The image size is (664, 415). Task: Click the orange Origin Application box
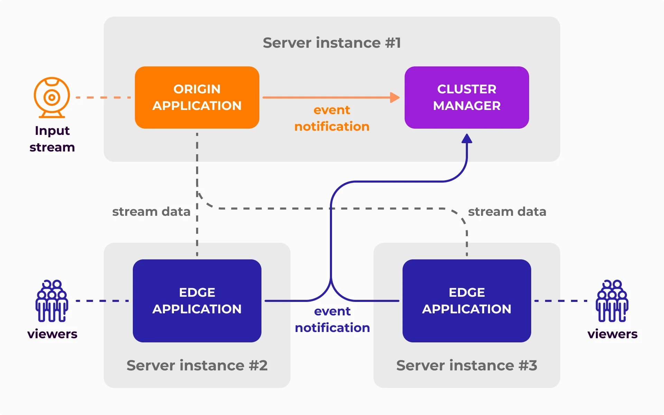[x=197, y=98]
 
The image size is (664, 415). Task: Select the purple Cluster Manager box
[x=467, y=98]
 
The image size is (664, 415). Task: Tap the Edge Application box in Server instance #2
[x=197, y=301]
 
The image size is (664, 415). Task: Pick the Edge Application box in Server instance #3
[x=467, y=301]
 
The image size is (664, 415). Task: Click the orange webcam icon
[x=52, y=97]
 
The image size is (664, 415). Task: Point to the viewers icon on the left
[x=52, y=301]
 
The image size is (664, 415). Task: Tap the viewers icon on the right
[x=612, y=301]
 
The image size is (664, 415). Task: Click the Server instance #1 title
[x=332, y=43]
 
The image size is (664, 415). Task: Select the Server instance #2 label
[x=197, y=366]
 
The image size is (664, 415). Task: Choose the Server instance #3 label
[x=467, y=366]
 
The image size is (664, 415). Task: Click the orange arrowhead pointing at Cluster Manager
[x=395, y=98]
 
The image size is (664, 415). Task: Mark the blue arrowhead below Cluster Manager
[x=467, y=139]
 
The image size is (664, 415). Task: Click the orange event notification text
[x=332, y=118]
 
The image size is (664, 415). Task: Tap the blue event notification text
[x=332, y=320]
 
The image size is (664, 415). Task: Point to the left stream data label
[x=151, y=212]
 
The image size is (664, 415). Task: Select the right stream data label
[x=507, y=212]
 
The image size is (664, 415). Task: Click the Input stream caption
[x=52, y=139]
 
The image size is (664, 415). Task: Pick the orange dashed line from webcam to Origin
[x=103, y=98]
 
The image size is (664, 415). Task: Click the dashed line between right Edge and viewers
[x=560, y=301]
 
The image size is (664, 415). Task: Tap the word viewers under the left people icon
[x=52, y=334]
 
